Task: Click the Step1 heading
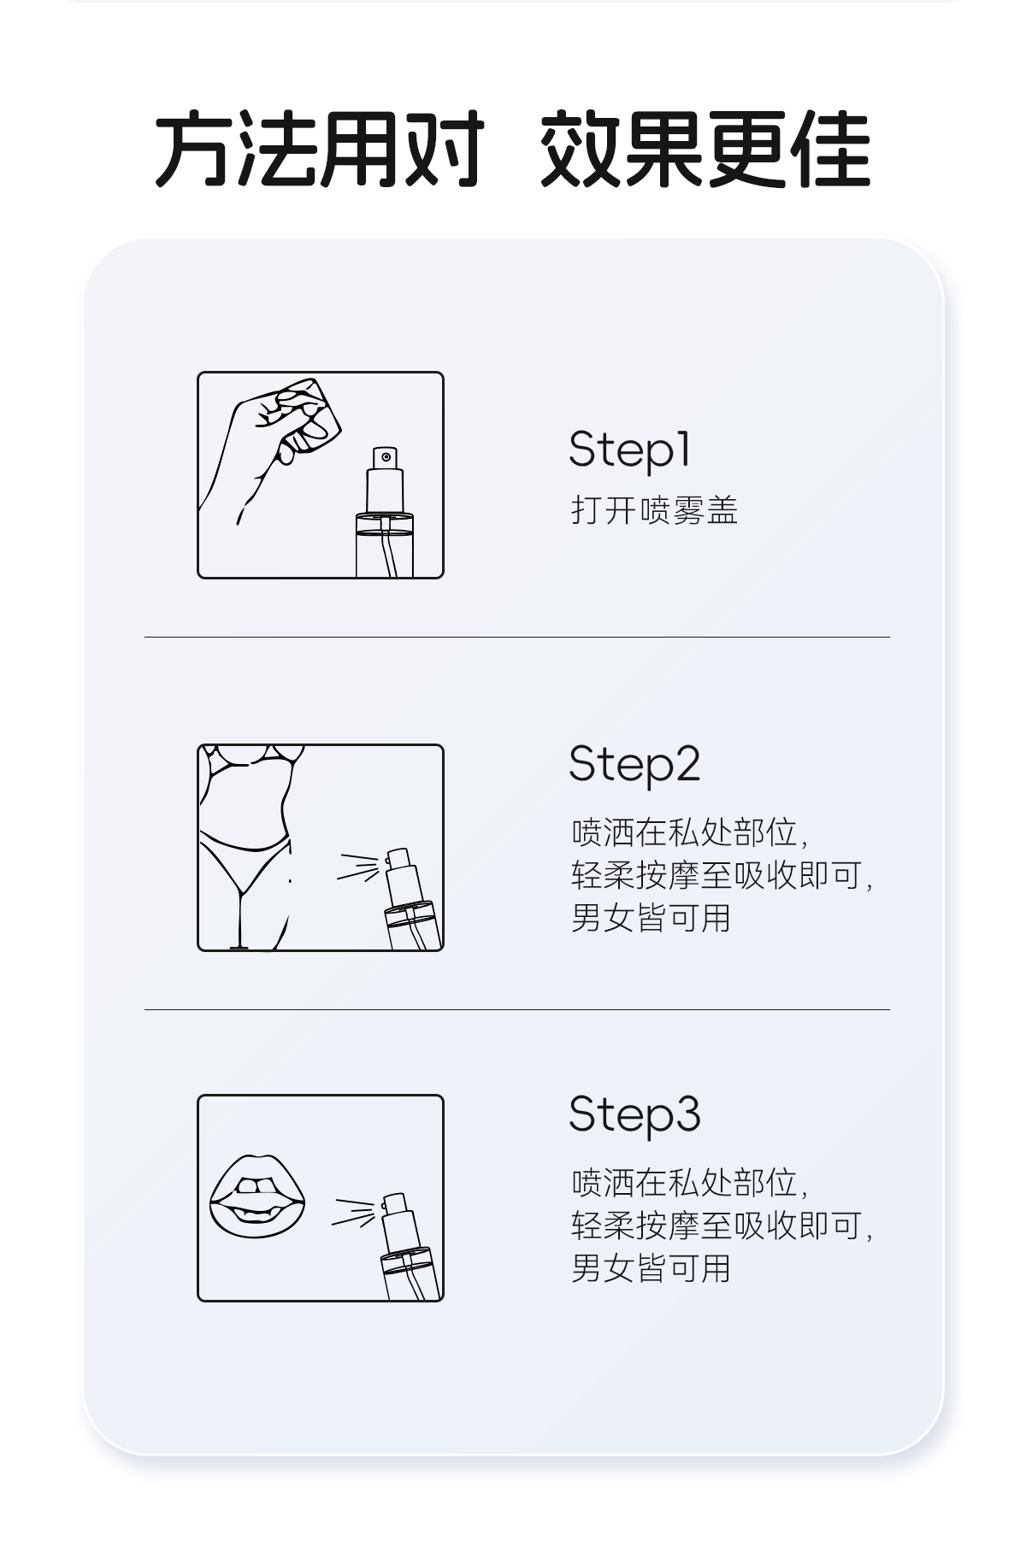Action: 629,450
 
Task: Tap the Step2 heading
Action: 634,764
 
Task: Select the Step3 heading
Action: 634,1114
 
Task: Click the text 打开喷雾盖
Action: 654,510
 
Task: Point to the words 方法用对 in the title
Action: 320,149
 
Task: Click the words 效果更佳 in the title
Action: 705,149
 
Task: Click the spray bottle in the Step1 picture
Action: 385,513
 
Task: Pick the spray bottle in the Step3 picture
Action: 409,1248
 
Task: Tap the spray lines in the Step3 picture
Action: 354,1213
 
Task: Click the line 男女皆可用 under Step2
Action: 651,918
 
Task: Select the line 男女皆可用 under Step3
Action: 651,1268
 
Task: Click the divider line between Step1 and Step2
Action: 517,637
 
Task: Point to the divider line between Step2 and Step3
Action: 517,1009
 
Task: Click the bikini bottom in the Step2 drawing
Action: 245,859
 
